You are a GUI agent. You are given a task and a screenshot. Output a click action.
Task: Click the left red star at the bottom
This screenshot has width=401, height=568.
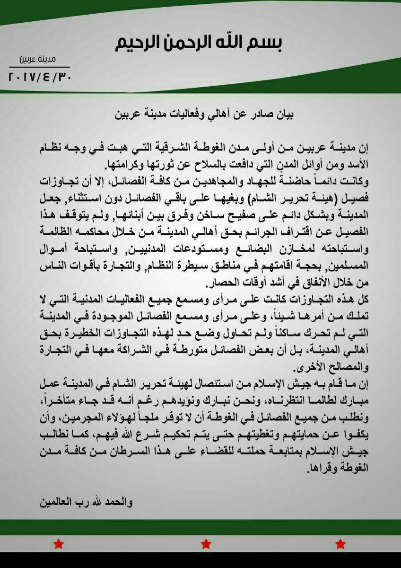(x=58, y=544)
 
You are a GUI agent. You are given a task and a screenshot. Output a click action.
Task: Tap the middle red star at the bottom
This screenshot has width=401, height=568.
(x=205, y=544)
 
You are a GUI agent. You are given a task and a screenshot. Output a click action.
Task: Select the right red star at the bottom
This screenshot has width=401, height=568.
(x=340, y=544)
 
